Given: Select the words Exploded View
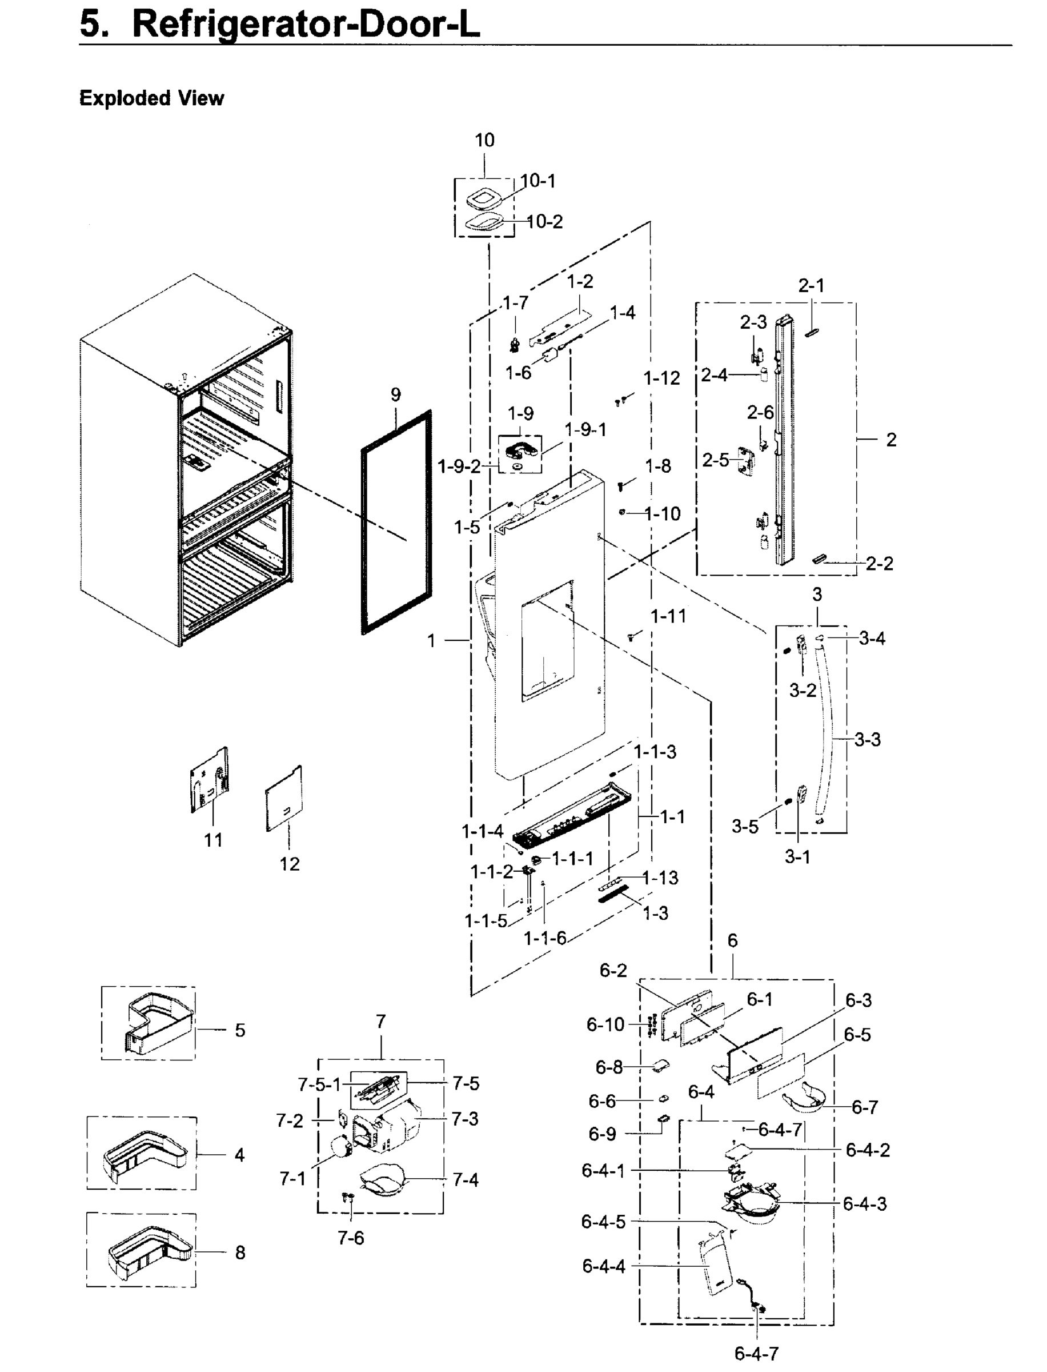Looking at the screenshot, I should (x=151, y=98).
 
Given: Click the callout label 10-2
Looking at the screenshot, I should (x=544, y=222).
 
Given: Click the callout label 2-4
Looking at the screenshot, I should (x=714, y=375).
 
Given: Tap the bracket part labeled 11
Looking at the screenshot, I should (x=210, y=781).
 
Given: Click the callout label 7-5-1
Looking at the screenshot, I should (x=319, y=1085).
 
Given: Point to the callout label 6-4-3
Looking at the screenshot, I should (x=864, y=1203).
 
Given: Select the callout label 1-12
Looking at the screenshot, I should (x=661, y=378).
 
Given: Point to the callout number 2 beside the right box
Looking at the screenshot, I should (x=891, y=440).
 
